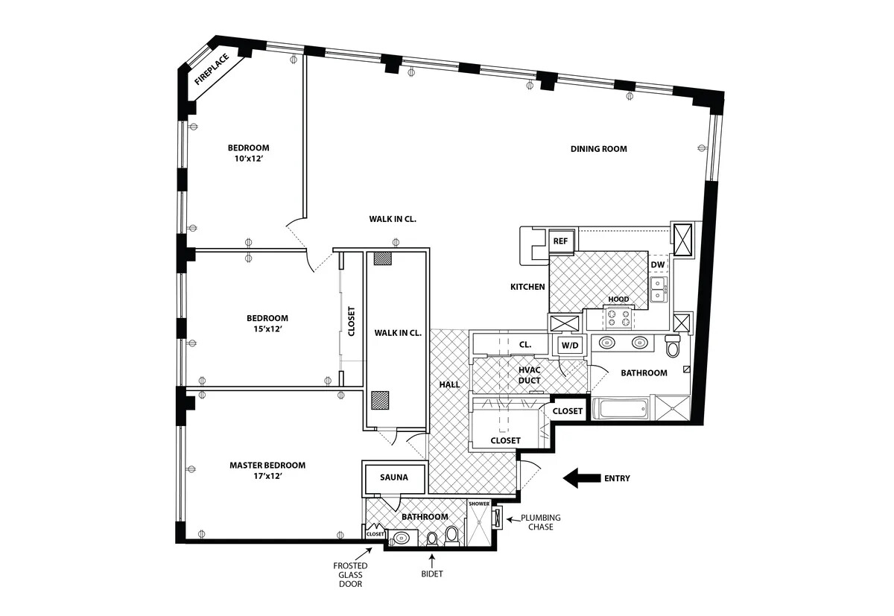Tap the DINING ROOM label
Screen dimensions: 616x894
point(599,149)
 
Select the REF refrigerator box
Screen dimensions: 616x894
point(560,241)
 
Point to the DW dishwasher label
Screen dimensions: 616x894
point(657,265)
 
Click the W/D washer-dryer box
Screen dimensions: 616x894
point(570,345)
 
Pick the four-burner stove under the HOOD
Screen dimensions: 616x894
point(618,319)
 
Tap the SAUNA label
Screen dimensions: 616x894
point(393,477)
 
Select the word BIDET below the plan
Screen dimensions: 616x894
point(431,574)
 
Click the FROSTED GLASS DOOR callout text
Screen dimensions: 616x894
point(350,575)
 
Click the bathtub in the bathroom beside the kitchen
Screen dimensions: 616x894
point(620,409)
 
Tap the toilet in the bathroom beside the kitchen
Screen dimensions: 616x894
point(673,346)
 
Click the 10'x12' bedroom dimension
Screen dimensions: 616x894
point(248,158)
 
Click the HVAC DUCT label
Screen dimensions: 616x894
point(530,375)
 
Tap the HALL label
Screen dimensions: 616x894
point(449,384)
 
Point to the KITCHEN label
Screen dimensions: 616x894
point(527,287)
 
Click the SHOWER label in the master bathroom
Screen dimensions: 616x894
point(479,504)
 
